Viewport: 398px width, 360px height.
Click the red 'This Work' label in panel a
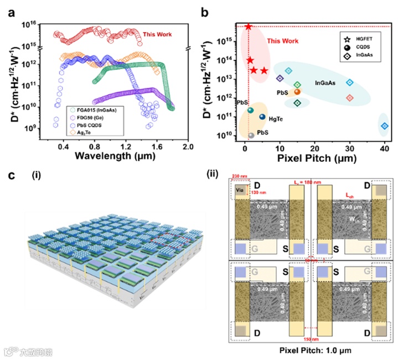pos(157,34)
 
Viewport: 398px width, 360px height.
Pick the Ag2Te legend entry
pos(89,132)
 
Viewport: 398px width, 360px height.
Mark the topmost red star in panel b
pos(249,27)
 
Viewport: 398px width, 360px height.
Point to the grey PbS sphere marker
pos(251,135)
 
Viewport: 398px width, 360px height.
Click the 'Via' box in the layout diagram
pos(240,191)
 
